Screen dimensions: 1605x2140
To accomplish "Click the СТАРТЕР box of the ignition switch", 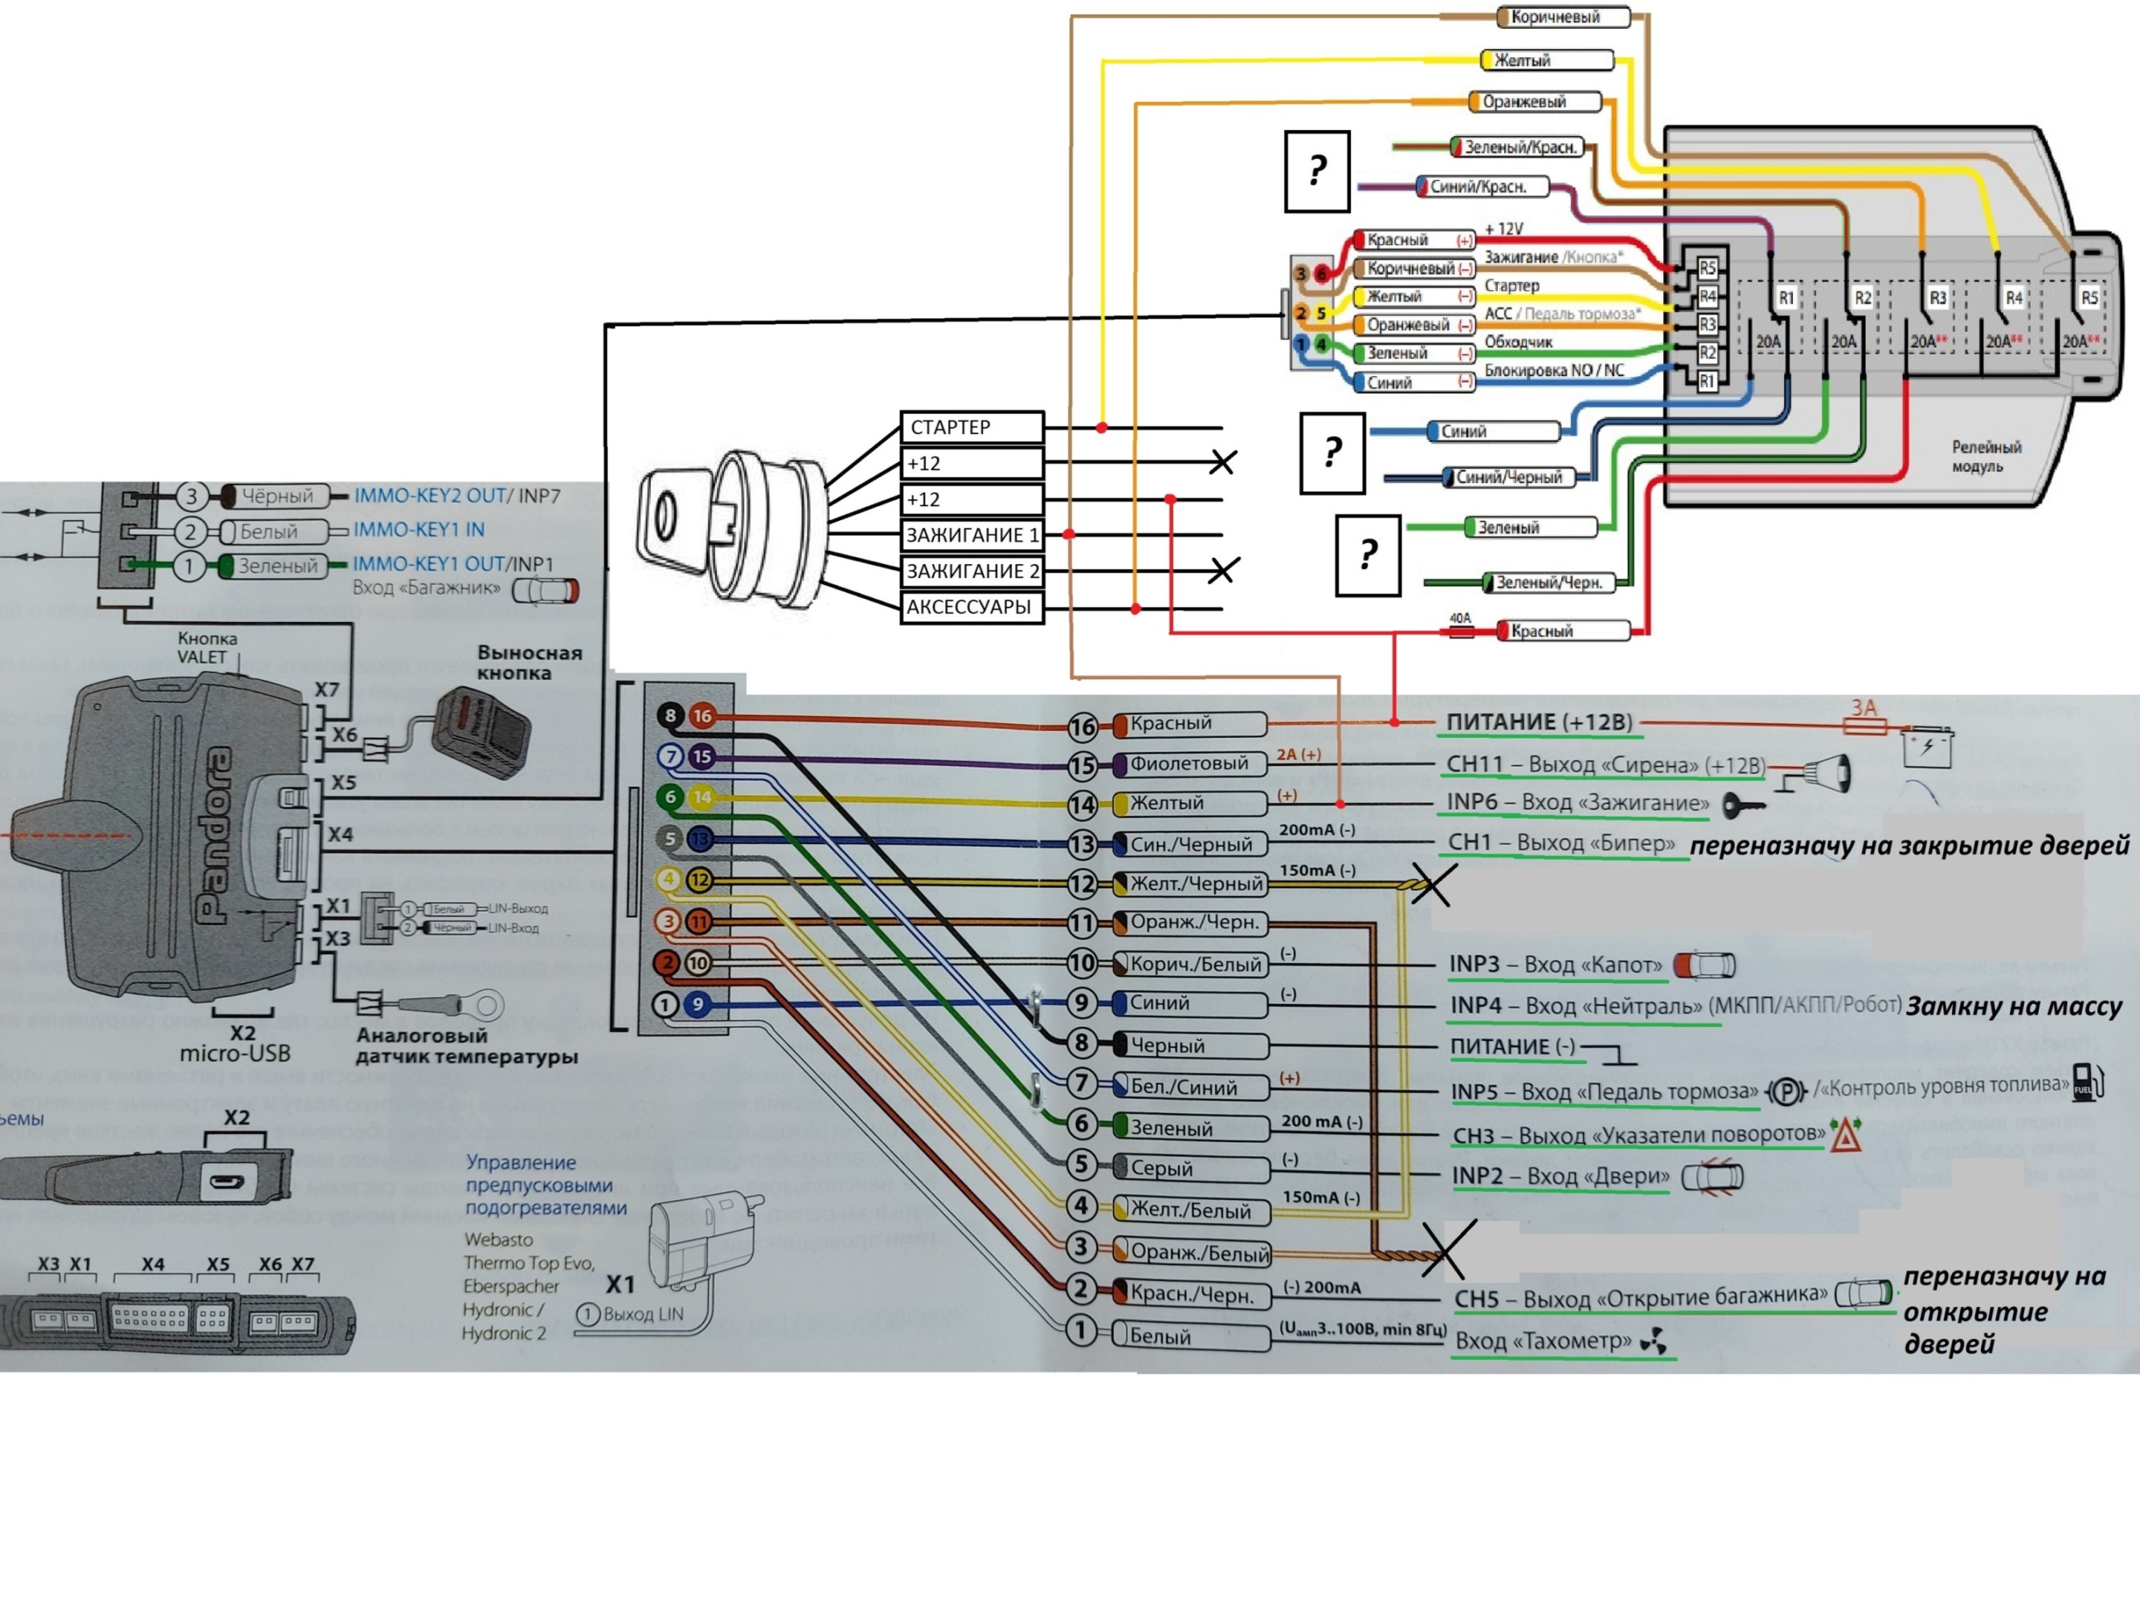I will coord(972,428).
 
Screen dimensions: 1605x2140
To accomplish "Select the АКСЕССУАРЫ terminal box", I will coord(972,608).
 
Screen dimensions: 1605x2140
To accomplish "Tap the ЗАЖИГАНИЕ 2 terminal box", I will coord(972,571).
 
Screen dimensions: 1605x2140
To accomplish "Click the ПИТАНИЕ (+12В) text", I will coord(1539,722).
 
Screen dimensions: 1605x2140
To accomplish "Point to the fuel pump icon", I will coord(2089,1083).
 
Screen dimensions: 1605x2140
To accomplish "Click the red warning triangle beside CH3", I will coord(1846,1136).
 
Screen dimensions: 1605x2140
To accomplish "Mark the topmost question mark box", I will coord(1316,172).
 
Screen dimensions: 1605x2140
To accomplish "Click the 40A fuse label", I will coord(1460,618).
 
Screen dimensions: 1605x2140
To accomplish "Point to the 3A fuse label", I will coord(1864,708).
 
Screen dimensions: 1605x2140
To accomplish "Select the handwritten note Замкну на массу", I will coord(2013,1007).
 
